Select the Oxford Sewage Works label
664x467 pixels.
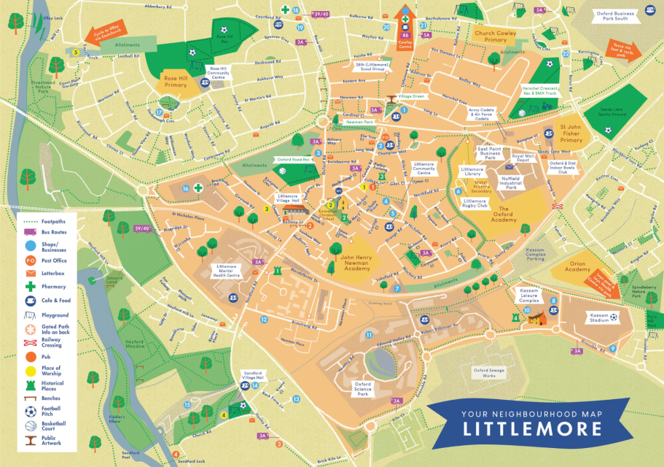489,372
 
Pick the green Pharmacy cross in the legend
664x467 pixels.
31,287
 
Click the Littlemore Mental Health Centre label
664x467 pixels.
224,272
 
